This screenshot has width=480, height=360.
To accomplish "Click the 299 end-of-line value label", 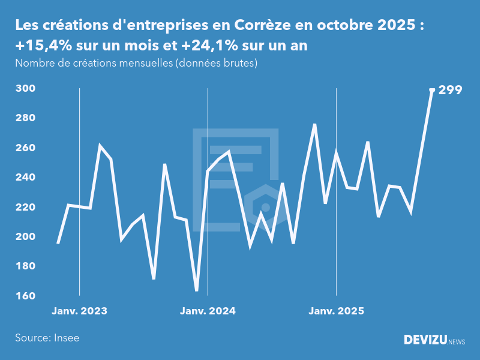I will (450, 90).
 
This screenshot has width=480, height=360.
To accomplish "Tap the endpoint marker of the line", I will (432, 90).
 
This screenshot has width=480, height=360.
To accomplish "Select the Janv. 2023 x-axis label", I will (79, 311).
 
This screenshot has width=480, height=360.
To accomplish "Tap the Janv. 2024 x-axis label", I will (208, 311).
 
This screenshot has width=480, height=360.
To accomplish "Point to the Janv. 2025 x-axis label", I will (336, 311).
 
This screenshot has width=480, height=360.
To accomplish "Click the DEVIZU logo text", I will (425, 340).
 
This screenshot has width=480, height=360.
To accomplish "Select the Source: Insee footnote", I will (47, 338).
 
